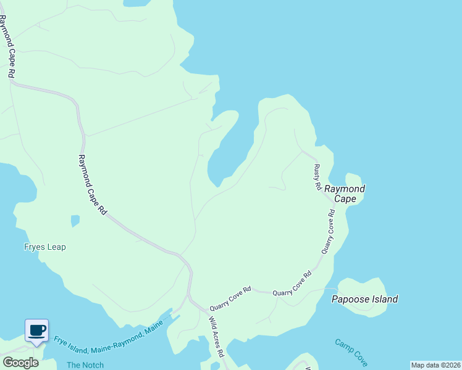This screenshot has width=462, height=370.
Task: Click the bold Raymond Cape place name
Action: tap(345, 194)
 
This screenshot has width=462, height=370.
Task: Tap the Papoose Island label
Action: tap(364, 300)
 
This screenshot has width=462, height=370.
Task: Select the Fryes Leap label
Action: tap(45, 247)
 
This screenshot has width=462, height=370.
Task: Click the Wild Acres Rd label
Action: tap(215, 337)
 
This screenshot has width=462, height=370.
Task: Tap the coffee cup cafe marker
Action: tap(36, 331)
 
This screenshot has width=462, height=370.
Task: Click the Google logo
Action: tap(21, 363)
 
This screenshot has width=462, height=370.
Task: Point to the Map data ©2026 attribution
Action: tap(435, 365)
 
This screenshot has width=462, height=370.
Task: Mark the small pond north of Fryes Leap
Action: tap(75, 220)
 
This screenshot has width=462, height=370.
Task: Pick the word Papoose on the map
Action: tap(349, 300)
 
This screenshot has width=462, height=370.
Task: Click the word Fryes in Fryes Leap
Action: tap(34, 247)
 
